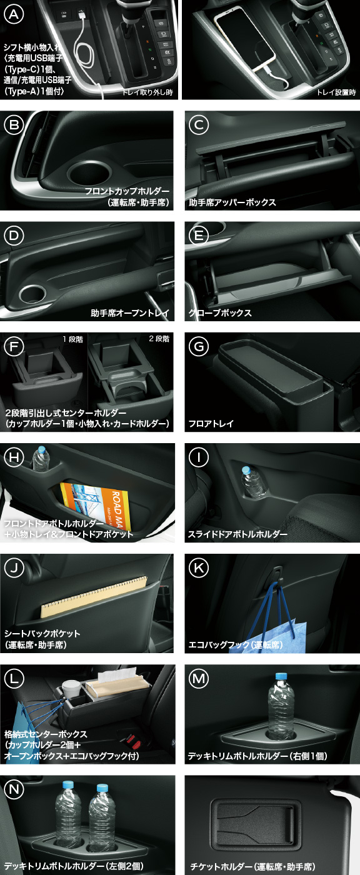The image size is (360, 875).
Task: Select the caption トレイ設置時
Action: [x=335, y=93]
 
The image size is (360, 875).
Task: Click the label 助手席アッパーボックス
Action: [x=232, y=202]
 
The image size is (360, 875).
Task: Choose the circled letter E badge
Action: [x=199, y=236]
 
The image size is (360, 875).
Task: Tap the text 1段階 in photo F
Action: [x=72, y=339]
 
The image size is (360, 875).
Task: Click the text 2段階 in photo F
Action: [x=159, y=339]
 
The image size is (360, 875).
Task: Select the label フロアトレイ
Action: [x=211, y=424]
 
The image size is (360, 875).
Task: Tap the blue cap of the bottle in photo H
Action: [x=41, y=449]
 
